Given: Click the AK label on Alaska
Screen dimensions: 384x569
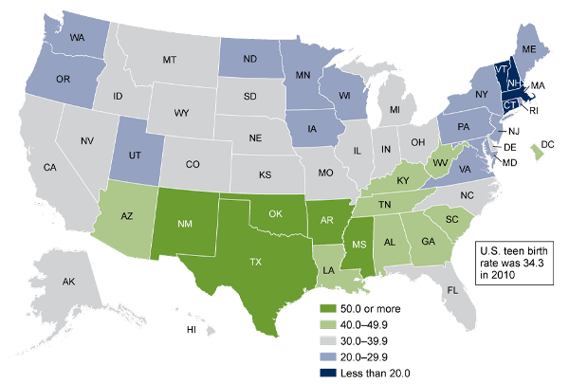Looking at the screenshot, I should (x=67, y=282).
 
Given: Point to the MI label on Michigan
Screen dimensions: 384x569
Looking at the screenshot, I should (x=394, y=110).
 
